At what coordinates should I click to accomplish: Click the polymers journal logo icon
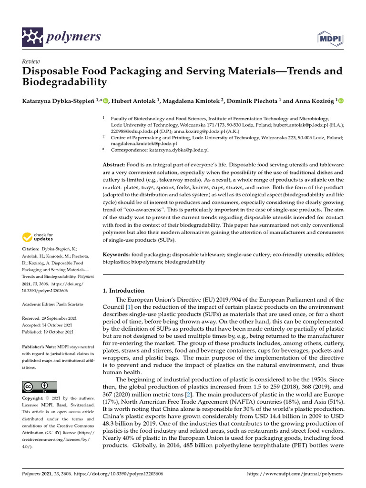click(x=32, y=37)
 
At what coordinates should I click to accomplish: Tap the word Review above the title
click(x=31, y=62)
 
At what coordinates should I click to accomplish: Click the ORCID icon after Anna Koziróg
click(x=341, y=101)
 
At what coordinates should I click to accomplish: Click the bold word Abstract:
click(x=115, y=164)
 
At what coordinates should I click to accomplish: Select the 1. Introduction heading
click(x=123, y=290)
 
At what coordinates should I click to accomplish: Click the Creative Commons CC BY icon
click(x=40, y=386)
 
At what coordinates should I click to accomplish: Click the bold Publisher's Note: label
click(x=39, y=347)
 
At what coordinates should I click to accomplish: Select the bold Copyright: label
click(x=35, y=398)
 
